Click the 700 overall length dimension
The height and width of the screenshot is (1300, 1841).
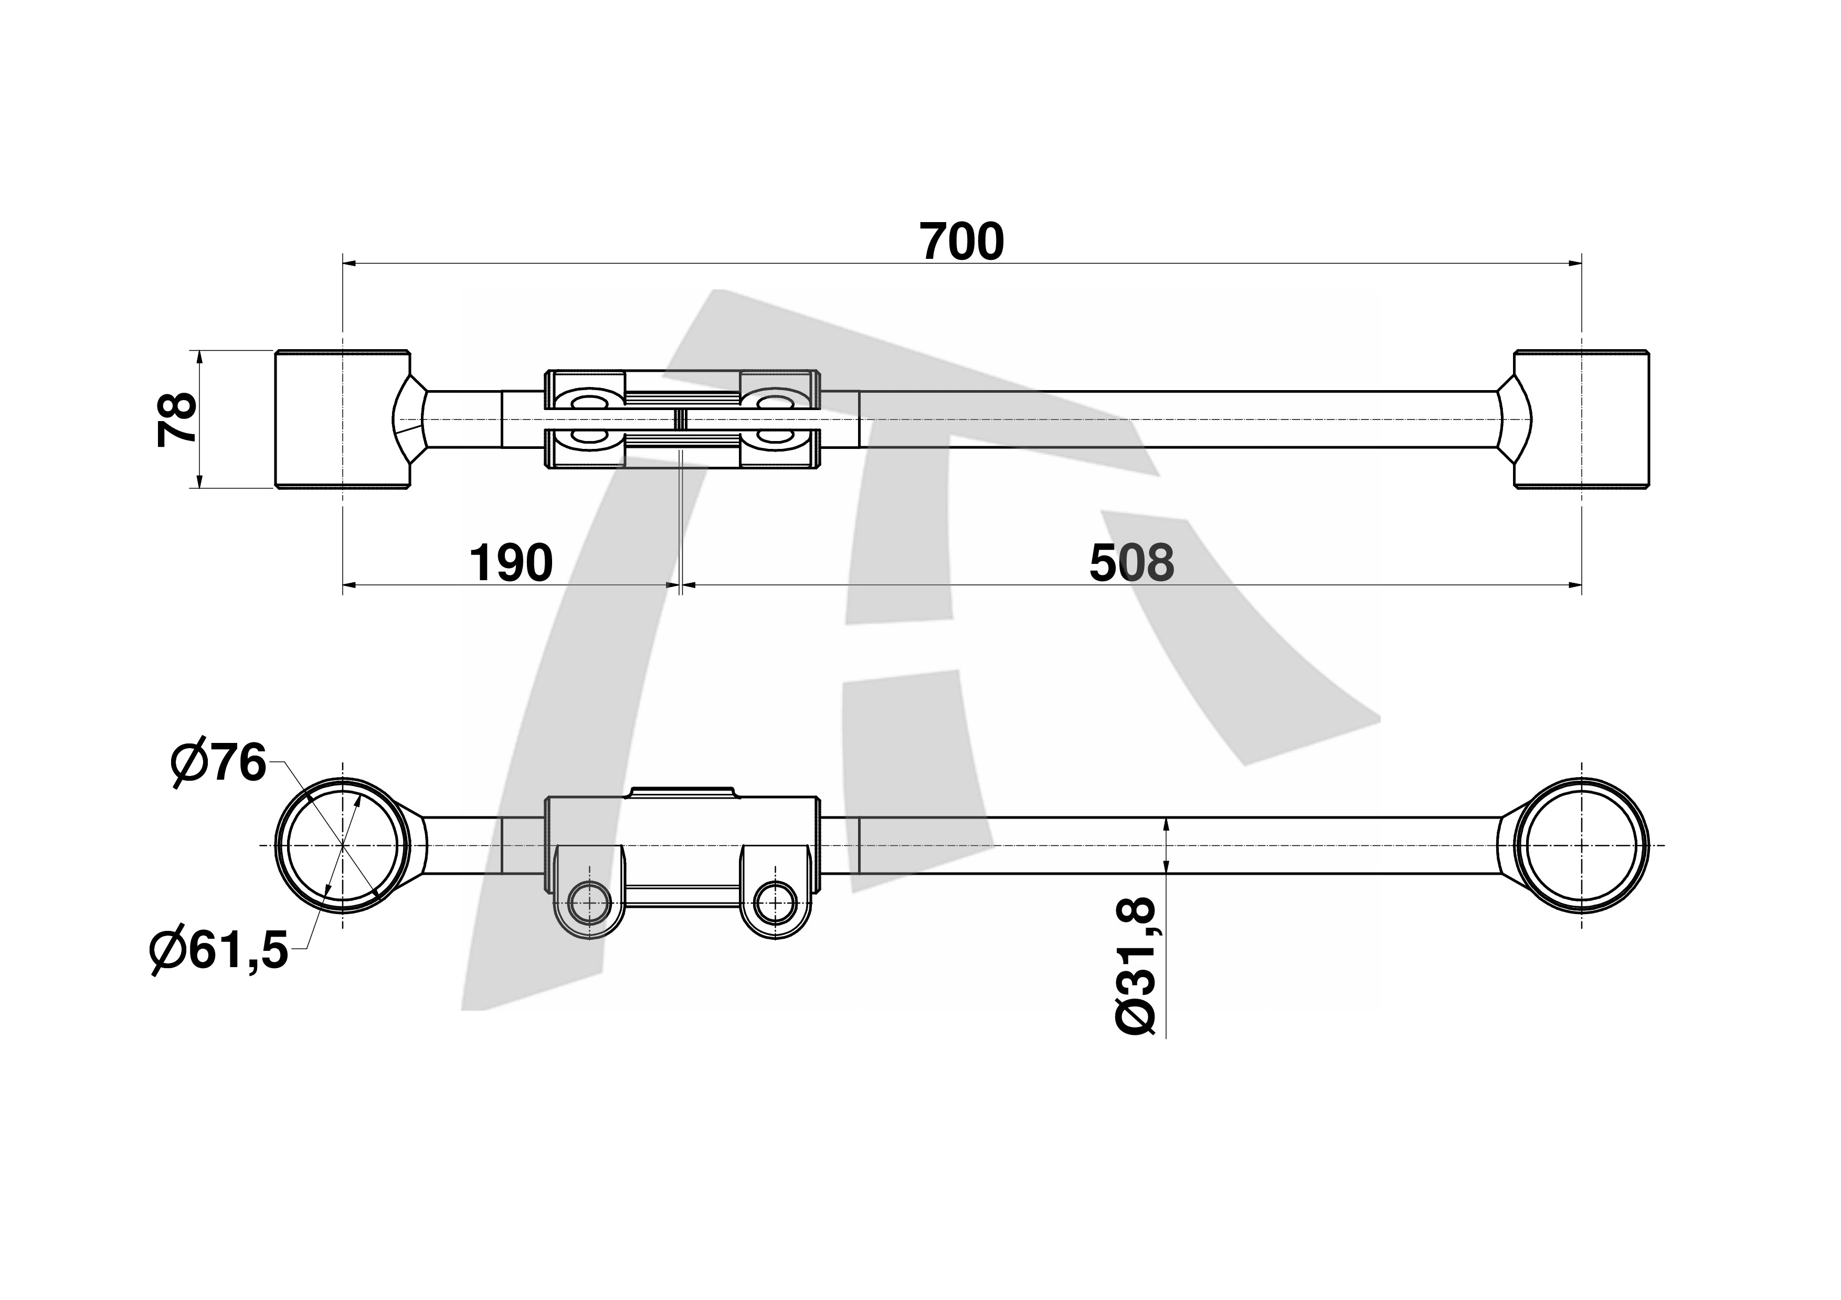tap(962, 242)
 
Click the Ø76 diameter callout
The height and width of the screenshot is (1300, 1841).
tap(218, 763)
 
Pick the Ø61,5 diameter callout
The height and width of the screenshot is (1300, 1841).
tap(218, 951)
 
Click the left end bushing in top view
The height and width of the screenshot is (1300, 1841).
tap(342, 418)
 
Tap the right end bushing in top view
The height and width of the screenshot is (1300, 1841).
tap(1581, 418)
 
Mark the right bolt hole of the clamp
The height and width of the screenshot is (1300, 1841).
tap(775, 903)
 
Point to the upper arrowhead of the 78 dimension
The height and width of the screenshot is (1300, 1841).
tap(199, 358)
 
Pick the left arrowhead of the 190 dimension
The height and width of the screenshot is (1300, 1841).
tap(351, 585)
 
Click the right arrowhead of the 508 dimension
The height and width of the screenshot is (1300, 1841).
tap(1574, 585)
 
